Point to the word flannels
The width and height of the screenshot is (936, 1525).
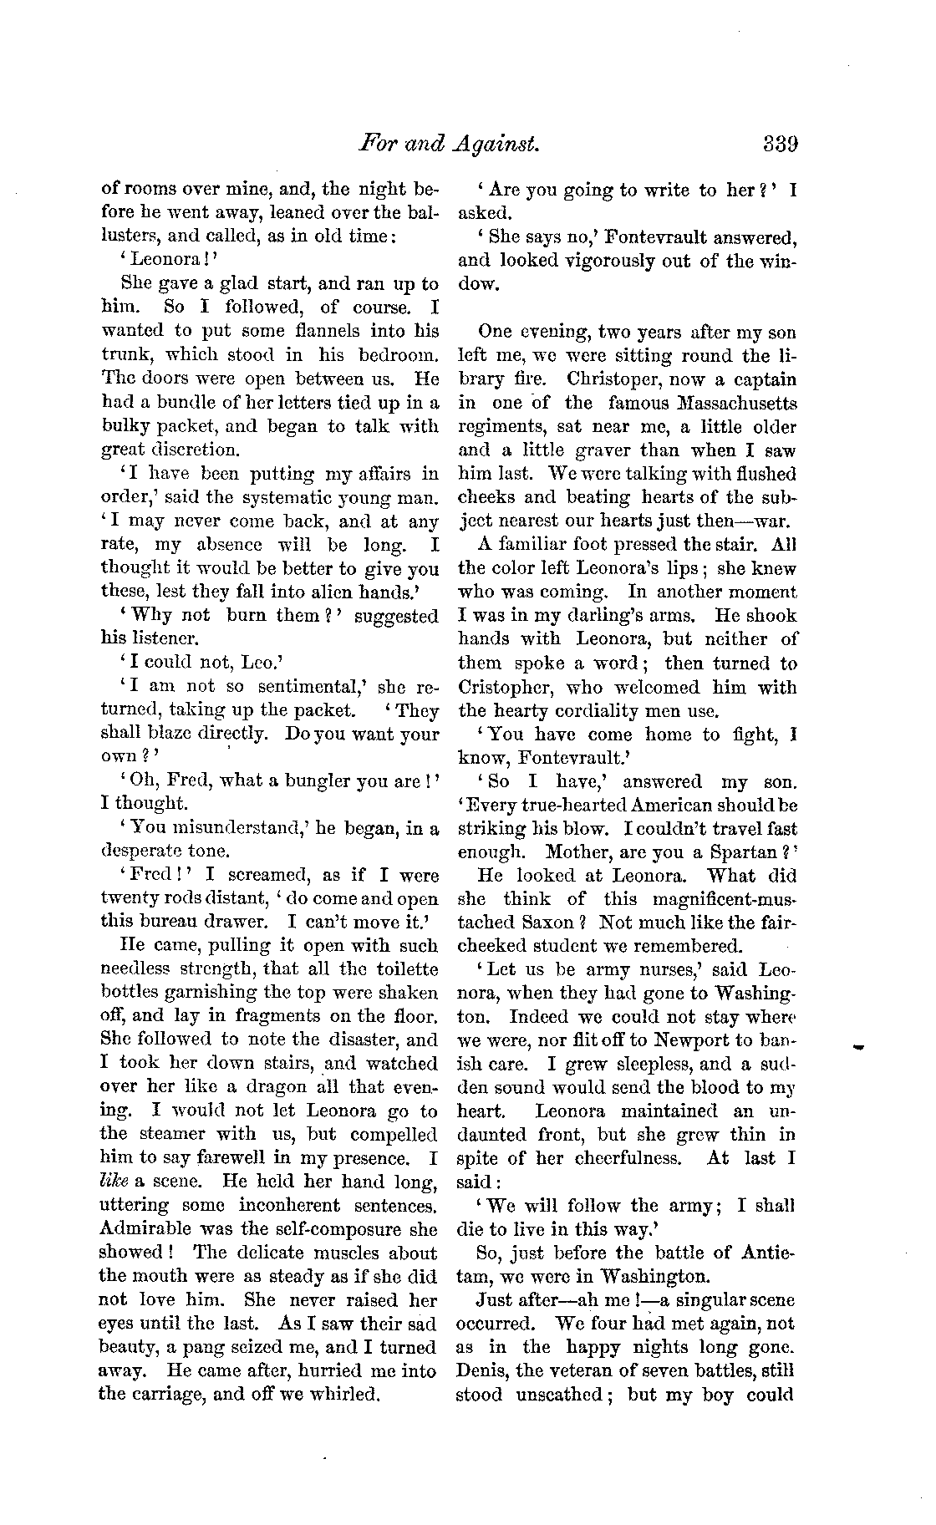pos(312,332)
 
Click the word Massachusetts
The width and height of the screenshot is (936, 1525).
pos(724,404)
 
